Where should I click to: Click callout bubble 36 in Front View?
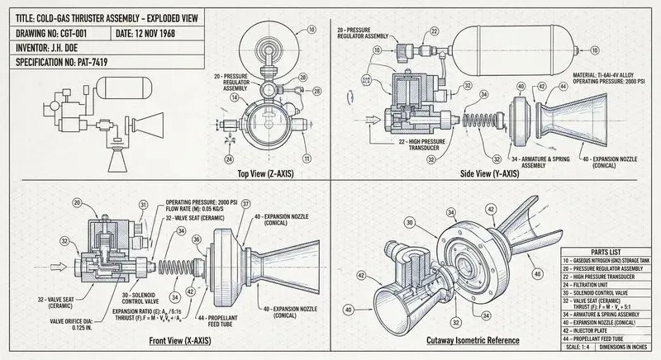click(x=197, y=240)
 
